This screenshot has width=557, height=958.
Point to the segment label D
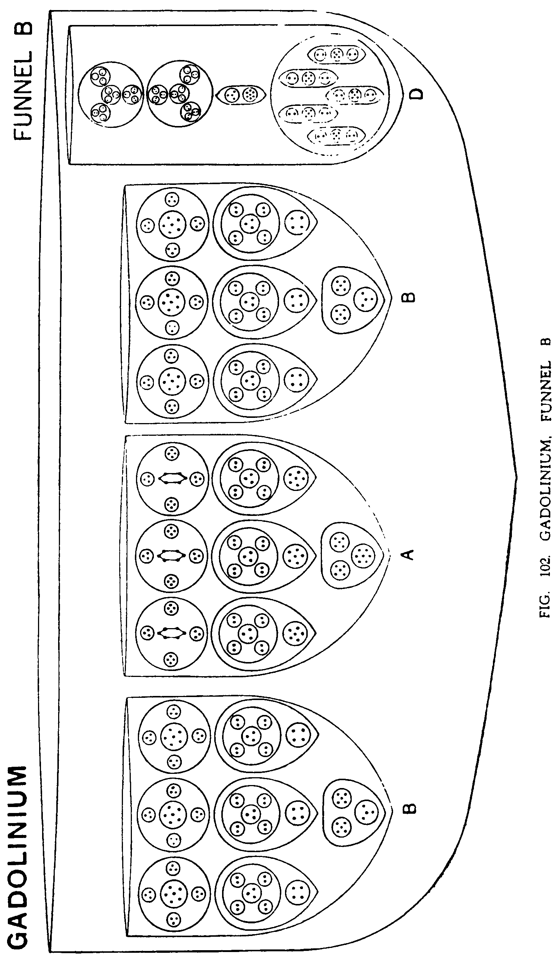tap(417, 94)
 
